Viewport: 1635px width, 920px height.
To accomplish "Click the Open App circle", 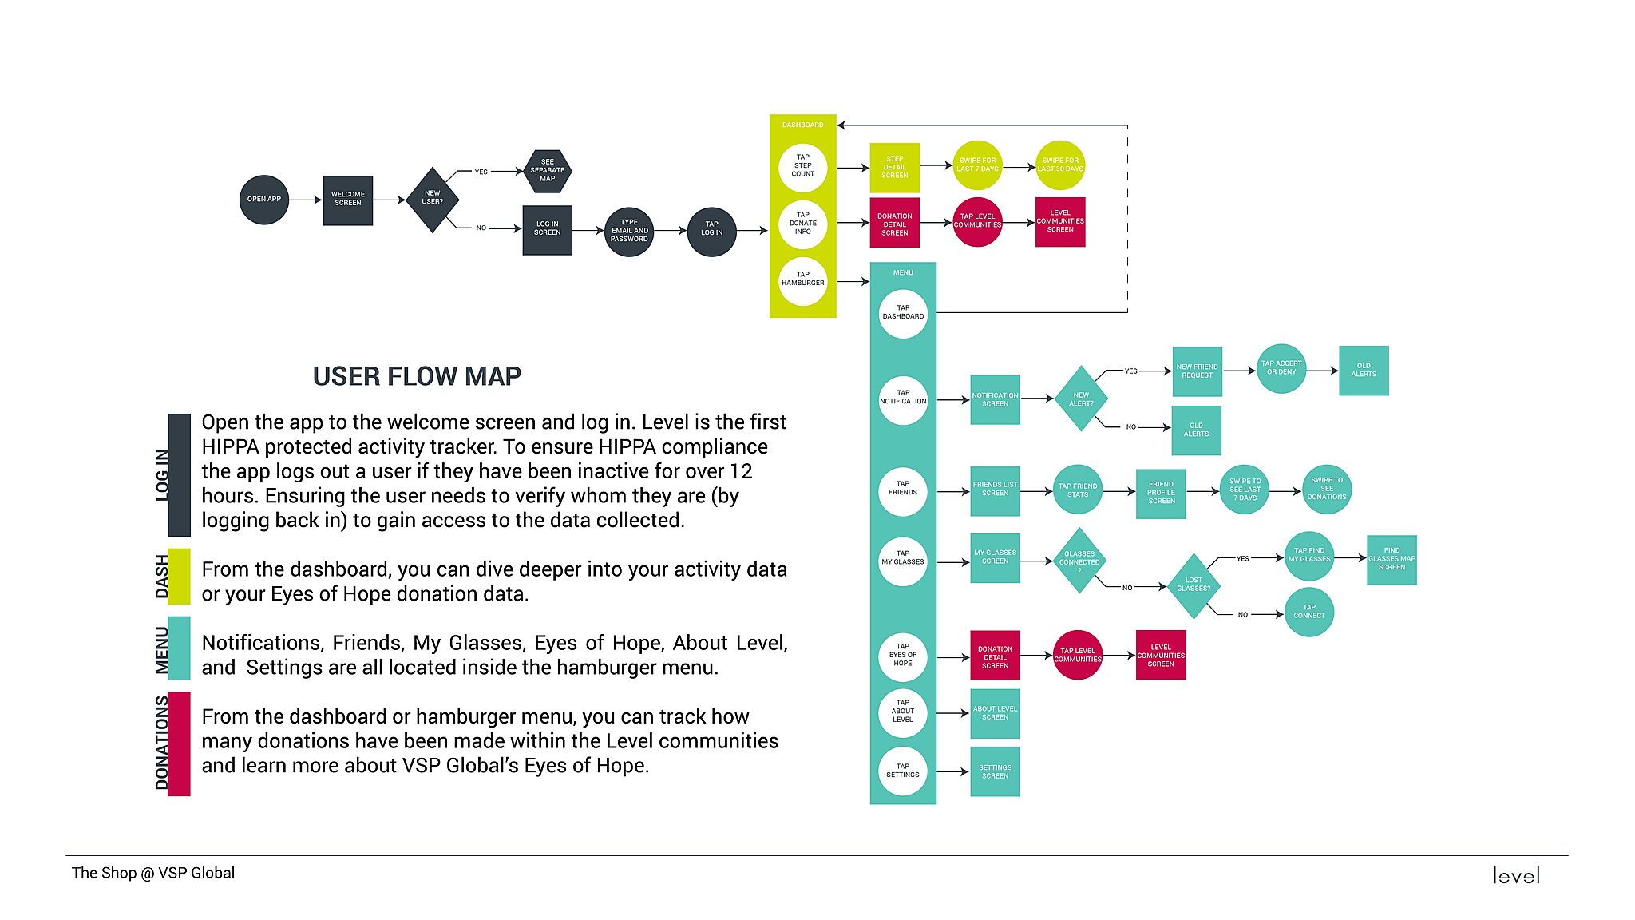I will click(263, 200).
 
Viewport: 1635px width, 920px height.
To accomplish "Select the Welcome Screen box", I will click(348, 200).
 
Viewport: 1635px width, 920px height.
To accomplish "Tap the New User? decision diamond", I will click(432, 199).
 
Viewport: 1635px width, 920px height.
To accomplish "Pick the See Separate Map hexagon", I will click(547, 171).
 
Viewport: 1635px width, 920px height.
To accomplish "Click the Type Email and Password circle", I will click(629, 232).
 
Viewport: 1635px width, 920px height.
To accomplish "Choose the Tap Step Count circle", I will click(802, 167).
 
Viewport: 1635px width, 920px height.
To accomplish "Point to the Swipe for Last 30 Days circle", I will click(1060, 165).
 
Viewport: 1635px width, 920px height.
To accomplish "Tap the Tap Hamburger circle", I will click(802, 280).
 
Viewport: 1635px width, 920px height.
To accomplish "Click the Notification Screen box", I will click(995, 399).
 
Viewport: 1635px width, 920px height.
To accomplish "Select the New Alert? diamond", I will click(1081, 399).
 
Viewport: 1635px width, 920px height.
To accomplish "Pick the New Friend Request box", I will click(1197, 371).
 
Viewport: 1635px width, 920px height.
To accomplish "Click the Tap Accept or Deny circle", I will click(1281, 368).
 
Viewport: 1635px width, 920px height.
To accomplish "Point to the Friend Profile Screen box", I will click(1161, 493).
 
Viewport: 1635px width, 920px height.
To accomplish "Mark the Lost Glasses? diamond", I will click(1194, 585).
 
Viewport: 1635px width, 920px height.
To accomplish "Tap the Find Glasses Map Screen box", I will click(1392, 560).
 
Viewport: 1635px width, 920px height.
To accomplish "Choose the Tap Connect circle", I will click(1308, 613).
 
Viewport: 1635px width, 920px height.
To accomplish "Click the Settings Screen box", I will click(995, 771).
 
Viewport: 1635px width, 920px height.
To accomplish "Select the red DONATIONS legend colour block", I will click(179, 744).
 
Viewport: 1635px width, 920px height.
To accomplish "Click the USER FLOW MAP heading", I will click(417, 376).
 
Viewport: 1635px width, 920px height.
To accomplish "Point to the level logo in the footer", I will click(1516, 876).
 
